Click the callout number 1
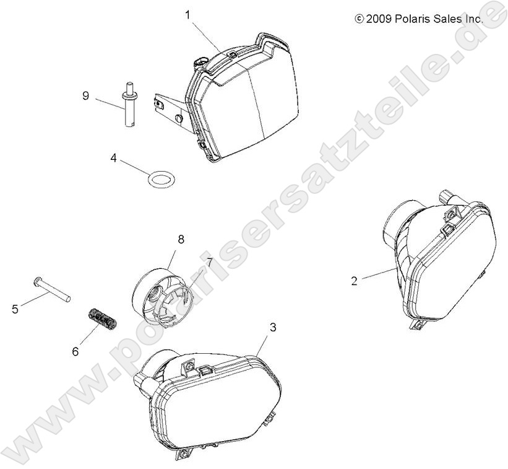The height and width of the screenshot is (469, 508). click(187, 15)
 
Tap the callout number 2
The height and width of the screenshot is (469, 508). click(355, 281)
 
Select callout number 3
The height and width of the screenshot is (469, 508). click(273, 328)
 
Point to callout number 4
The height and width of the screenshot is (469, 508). click(113, 158)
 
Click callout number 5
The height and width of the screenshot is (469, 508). click(15, 309)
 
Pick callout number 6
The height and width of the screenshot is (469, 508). click(75, 351)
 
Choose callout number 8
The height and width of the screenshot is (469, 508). click(181, 240)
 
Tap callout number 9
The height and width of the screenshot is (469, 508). click(85, 96)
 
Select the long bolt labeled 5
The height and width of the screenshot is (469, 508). click(52, 289)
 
